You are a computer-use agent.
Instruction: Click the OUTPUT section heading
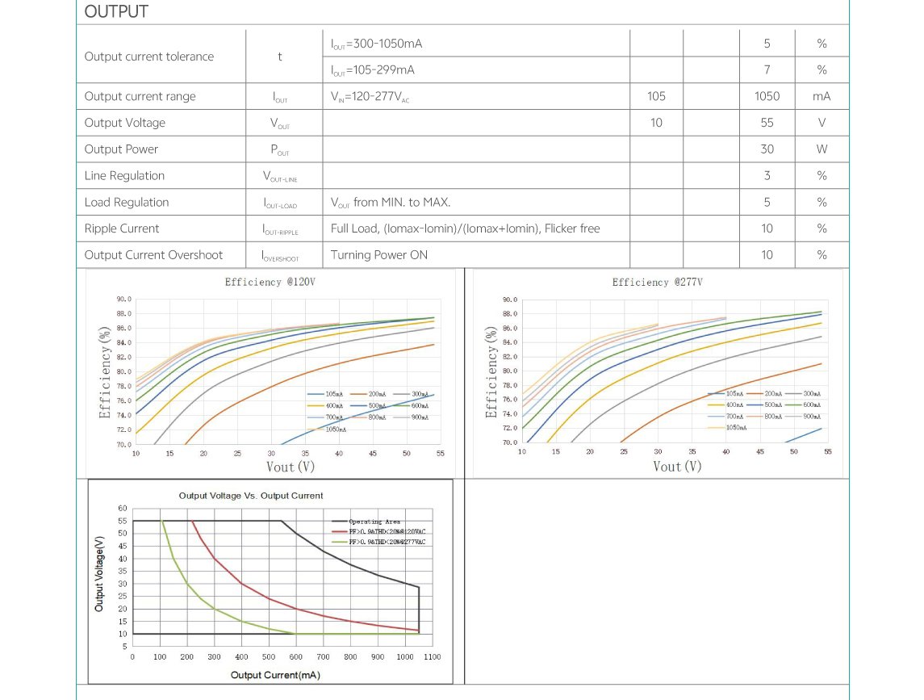tap(116, 12)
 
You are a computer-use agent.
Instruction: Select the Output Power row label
tap(121, 149)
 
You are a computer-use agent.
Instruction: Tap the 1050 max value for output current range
tap(767, 96)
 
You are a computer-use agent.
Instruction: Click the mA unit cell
tap(822, 96)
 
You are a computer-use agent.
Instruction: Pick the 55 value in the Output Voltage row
tap(767, 123)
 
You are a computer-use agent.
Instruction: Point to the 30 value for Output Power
tap(767, 149)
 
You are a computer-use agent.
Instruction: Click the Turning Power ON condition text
tap(379, 255)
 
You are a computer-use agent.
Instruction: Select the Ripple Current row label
tap(122, 228)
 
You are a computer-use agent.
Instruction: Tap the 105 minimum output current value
tap(656, 96)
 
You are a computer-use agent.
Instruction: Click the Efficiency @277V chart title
tap(657, 283)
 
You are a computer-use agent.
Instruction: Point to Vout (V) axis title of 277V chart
tap(676, 467)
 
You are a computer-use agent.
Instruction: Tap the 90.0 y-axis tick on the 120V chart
tap(123, 299)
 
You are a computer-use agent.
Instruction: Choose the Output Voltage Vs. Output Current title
tap(250, 496)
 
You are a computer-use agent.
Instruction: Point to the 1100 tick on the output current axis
tap(432, 657)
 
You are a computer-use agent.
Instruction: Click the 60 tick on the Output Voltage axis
tap(123, 509)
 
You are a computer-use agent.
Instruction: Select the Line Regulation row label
tap(124, 176)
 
